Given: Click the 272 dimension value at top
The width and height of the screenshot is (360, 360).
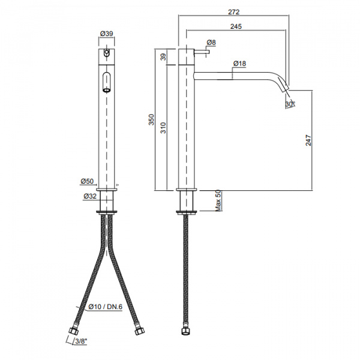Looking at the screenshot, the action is pos(234,12).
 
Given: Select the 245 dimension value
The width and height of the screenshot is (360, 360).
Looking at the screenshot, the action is pos(236,26).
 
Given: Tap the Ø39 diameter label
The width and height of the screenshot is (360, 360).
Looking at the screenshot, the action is pos(107,34).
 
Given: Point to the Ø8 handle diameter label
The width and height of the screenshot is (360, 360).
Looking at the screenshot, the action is pos(211,43).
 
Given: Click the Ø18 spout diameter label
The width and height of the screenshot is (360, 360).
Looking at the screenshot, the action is pos(239,64).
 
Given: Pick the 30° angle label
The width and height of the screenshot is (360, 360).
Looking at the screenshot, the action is pos(290,104).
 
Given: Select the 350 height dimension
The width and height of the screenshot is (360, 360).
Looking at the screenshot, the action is pos(151,119).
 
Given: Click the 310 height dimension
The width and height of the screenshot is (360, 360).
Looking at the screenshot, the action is pos(163,128).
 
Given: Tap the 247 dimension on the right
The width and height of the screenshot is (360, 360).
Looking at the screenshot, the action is pos(308,140).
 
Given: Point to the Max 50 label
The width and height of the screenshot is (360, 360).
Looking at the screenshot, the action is pos(218,200).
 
